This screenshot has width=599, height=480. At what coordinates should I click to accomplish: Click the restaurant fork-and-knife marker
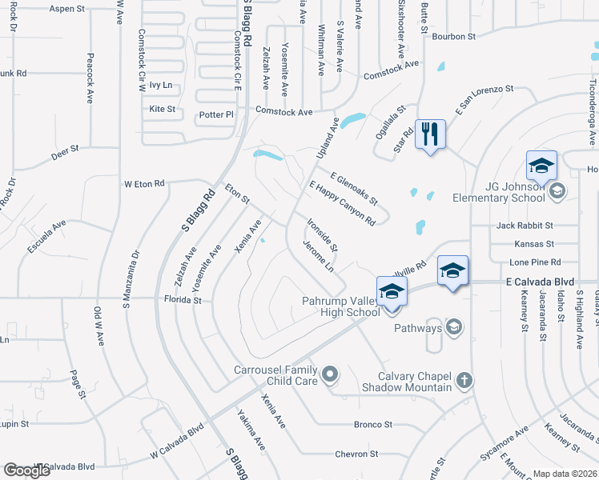click(430, 133)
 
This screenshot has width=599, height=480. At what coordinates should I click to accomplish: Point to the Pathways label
click(417, 328)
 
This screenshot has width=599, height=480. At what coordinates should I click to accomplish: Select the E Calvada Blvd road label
click(541, 282)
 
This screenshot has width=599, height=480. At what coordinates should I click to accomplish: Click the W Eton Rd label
click(144, 183)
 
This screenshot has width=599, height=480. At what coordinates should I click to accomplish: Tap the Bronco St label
click(373, 425)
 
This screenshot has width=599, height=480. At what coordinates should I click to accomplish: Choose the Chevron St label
click(356, 454)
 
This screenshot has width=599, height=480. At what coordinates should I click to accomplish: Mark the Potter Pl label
click(216, 114)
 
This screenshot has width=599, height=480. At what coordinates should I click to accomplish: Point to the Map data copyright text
click(564, 474)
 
